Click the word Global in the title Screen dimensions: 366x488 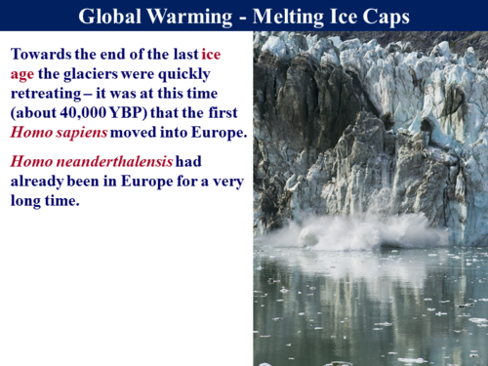(x=113, y=16)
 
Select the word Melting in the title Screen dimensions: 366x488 (x=303, y=16)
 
